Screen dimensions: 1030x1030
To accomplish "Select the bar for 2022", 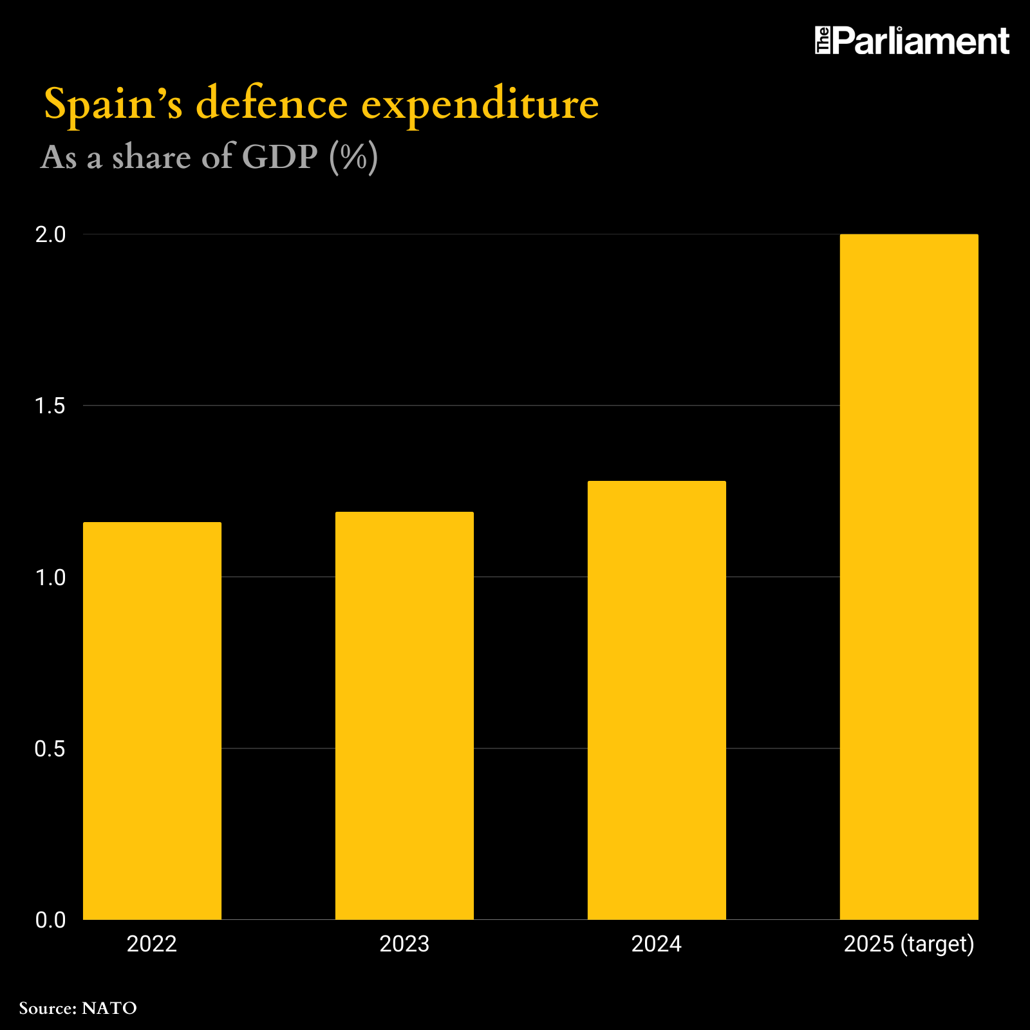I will [152, 721].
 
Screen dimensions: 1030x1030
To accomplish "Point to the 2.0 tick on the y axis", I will [51, 235].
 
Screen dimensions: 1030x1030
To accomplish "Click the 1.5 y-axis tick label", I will [51, 406].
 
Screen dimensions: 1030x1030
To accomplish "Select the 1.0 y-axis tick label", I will [51, 577].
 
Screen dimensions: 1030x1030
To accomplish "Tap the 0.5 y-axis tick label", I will [51, 749].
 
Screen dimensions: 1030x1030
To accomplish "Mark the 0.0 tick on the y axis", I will [51, 920].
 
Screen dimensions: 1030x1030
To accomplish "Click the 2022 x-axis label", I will [152, 944].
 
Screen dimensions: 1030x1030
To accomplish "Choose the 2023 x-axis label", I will [404, 944].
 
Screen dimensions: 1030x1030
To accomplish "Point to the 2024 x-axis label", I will [657, 944].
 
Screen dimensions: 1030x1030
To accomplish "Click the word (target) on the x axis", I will [937, 944].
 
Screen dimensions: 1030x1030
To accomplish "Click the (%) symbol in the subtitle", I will [353, 156].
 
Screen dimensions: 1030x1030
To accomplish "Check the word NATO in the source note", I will [109, 1008].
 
